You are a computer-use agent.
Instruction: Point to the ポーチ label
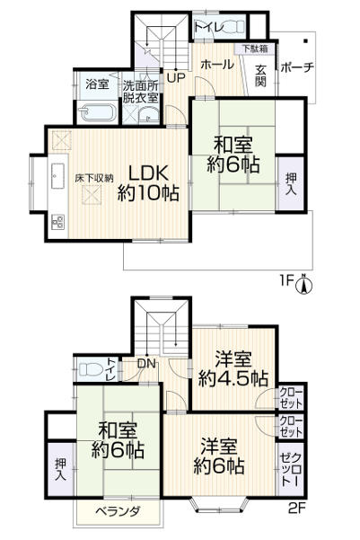297,68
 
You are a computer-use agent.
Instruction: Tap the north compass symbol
304,287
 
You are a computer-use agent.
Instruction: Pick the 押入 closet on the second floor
59,468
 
